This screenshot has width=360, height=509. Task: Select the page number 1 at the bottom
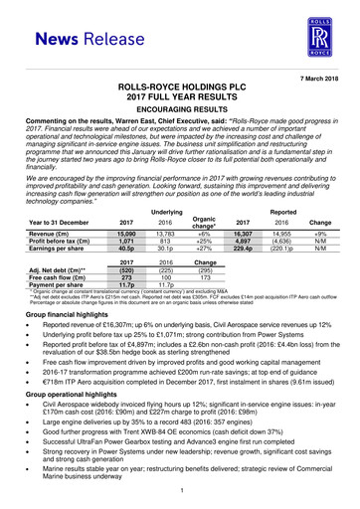point(180,494)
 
